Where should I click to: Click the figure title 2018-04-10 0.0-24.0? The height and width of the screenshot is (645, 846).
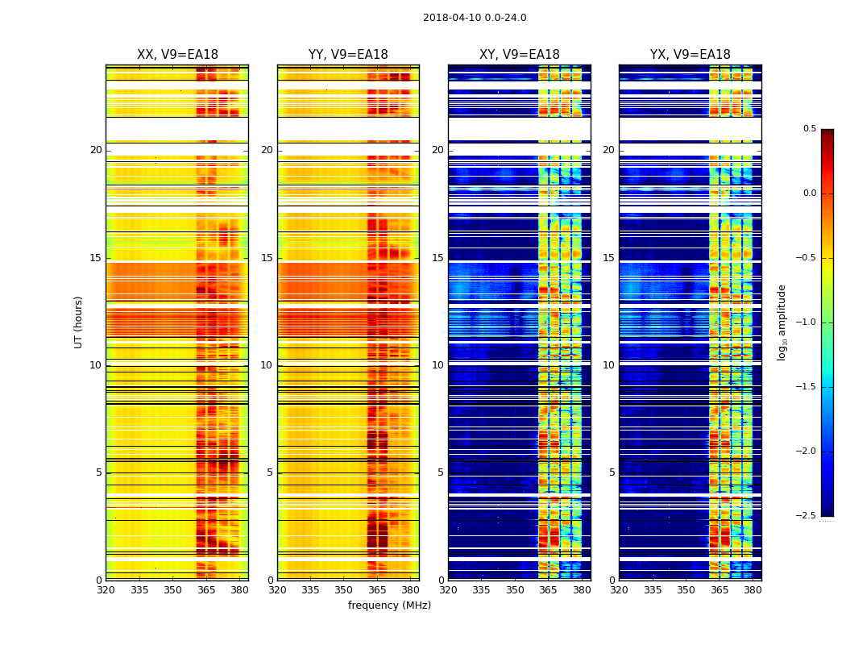475,18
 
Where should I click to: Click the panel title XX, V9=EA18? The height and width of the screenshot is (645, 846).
177,55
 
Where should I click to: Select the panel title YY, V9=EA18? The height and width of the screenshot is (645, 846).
348,55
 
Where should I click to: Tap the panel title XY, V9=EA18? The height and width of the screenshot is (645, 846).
520,55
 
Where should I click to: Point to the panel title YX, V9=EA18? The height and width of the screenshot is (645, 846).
690,55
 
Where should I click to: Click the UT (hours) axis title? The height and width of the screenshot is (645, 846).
79,322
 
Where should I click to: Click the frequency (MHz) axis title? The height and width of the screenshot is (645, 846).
389,605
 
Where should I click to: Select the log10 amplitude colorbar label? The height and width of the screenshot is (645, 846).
782,322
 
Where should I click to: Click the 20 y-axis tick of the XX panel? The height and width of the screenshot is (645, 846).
96,150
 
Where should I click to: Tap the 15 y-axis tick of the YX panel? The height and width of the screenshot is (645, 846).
609,258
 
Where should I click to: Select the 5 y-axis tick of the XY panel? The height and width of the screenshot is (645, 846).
440,472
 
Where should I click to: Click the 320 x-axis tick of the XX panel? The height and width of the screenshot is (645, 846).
106,590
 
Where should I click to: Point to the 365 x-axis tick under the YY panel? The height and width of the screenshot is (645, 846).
377,590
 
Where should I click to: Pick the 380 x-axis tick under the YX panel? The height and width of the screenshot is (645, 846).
753,590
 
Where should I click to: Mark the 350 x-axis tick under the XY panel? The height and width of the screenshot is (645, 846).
515,590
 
